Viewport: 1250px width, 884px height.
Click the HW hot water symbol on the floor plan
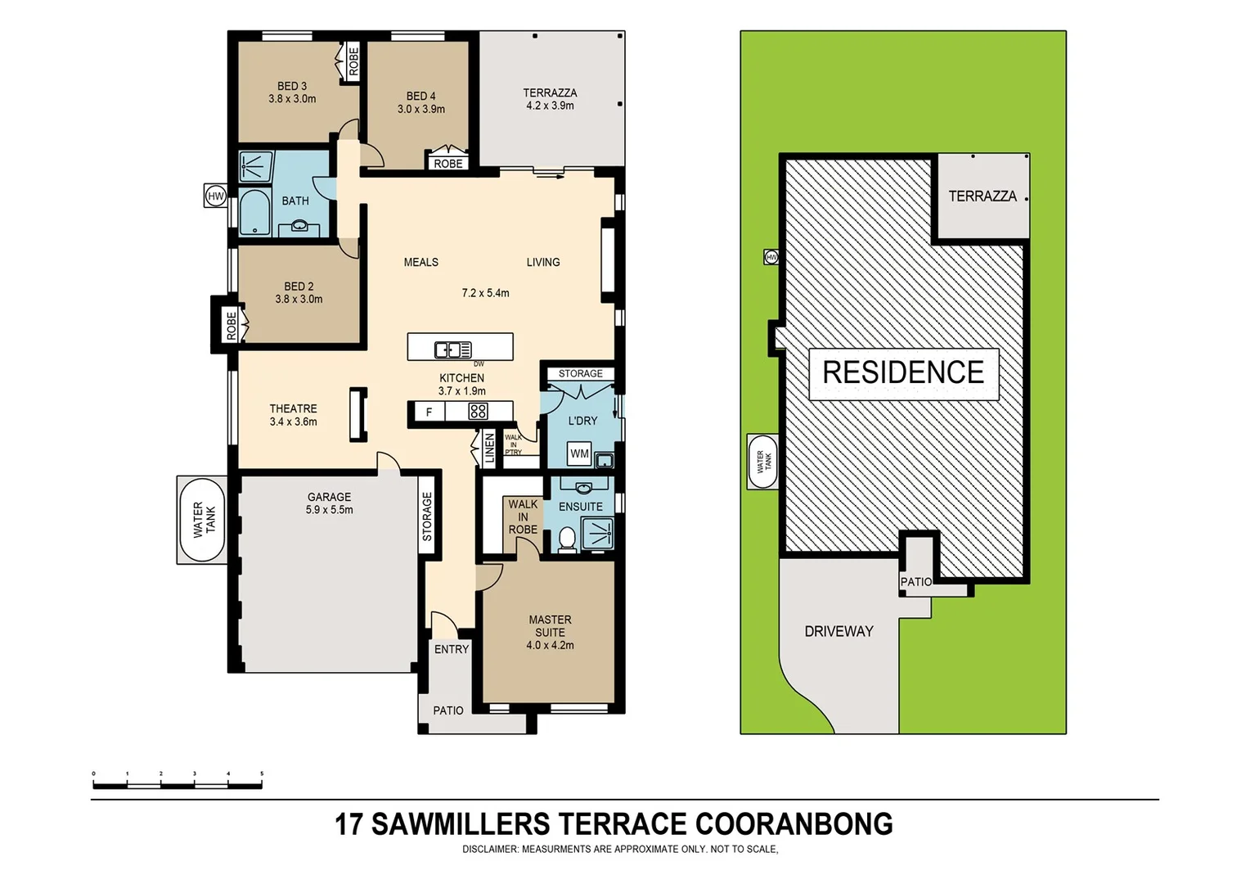215,196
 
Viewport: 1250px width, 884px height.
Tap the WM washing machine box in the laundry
579,453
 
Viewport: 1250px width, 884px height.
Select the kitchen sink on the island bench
452,350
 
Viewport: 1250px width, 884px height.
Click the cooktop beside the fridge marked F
479,412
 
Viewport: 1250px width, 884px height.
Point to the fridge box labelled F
429,413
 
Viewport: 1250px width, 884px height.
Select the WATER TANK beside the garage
202,520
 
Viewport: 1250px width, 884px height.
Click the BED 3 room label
292,86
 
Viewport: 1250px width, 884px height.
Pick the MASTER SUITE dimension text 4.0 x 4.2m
550,645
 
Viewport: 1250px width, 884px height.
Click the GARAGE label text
329,497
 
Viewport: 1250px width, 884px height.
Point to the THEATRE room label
293,408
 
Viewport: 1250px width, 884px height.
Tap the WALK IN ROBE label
523,516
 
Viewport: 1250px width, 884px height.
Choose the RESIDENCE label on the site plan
903,372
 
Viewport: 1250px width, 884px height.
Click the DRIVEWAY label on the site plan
839,631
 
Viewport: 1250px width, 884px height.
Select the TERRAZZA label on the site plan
982,196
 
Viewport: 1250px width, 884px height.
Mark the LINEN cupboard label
489,449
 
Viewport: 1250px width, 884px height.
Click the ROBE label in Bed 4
447,164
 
